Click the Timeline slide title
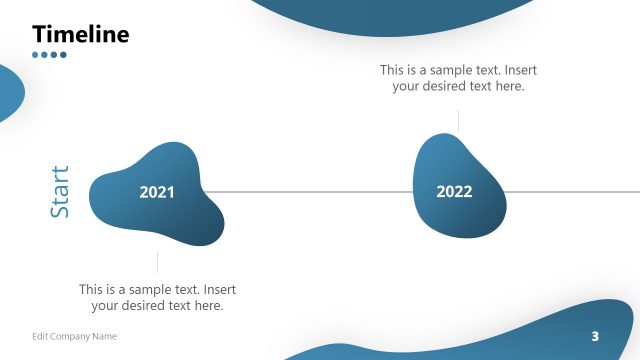click(81, 34)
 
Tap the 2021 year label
click(156, 192)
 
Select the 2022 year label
click(454, 192)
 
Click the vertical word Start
click(60, 192)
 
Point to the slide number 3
click(595, 335)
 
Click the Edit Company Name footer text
click(74, 336)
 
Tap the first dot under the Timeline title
click(36, 55)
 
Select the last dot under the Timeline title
click(63, 55)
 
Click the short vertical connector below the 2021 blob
click(157, 262)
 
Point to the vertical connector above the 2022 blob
click(458, 120)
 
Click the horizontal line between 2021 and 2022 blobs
click(310, 191)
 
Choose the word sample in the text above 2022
click(444, 70)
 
